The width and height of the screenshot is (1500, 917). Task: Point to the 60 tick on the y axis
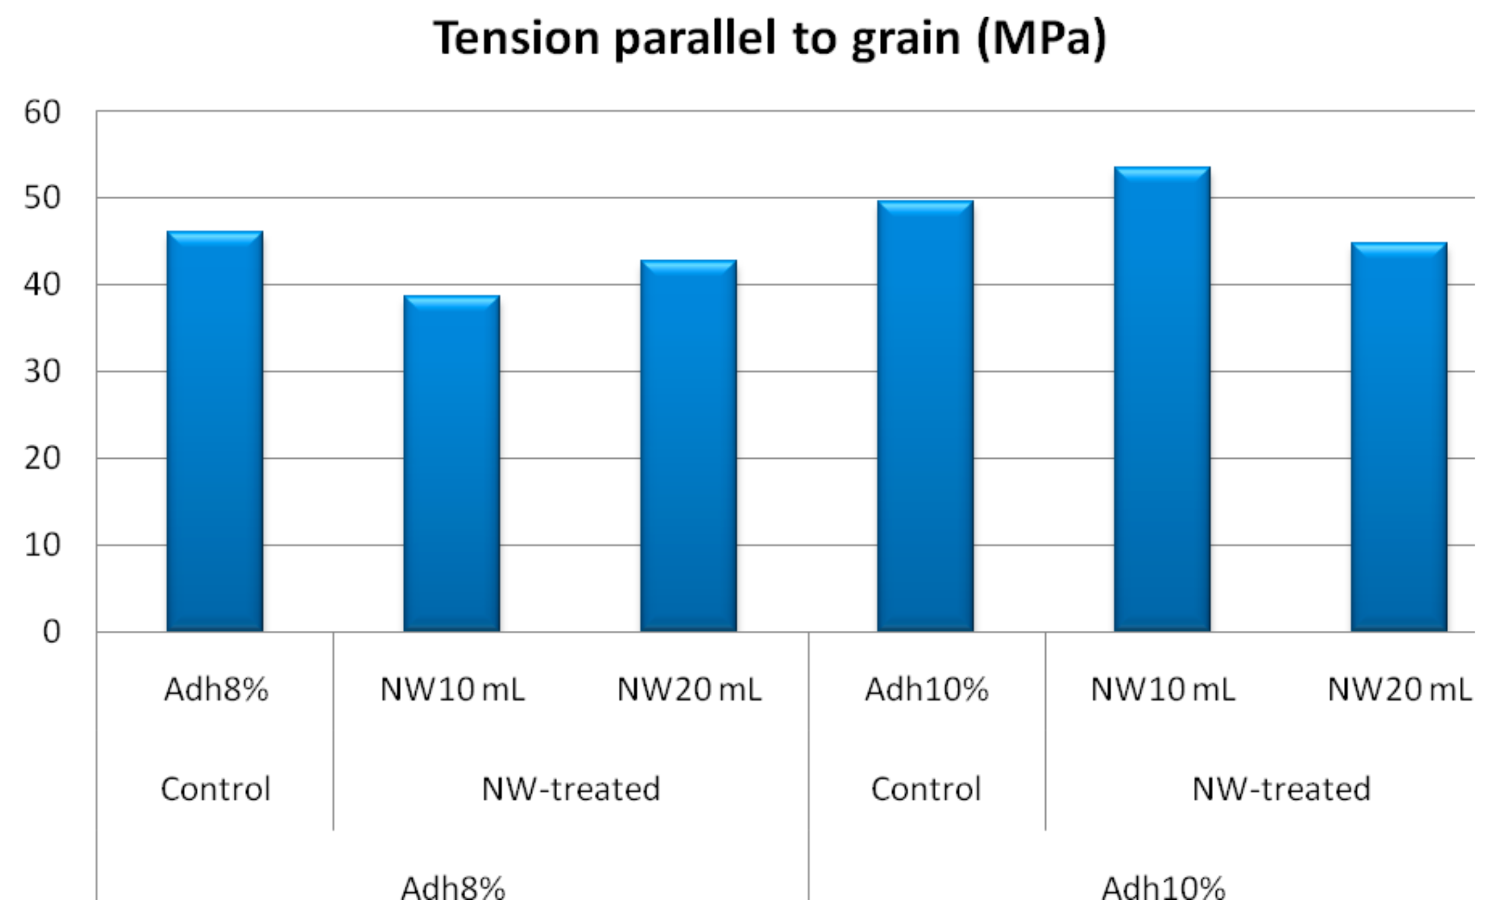point(42,111)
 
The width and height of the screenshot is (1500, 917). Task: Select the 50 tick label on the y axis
point(42,198)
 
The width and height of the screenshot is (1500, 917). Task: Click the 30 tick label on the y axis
point(42,372)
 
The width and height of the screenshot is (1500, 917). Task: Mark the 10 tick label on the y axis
point(42,545)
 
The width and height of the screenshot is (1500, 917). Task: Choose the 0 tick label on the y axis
point(52,632)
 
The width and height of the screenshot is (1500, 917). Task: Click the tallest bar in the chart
point(1162,399)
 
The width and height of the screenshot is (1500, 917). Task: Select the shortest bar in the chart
point(452,464)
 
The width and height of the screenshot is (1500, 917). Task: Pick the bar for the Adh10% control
point(925,416)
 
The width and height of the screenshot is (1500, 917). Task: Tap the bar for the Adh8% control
point(215,432)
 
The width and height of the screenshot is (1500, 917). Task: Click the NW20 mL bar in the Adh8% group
point(688,446)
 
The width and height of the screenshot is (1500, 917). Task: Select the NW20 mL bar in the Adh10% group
point(1399,437)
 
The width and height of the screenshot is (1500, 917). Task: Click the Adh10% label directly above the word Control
point(926,690)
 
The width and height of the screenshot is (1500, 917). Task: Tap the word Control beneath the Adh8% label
point(216,789)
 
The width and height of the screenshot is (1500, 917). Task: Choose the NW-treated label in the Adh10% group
point(1282,789)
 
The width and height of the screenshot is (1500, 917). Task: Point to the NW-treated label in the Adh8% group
point(571,789)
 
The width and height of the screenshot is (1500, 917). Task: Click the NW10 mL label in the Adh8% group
point(452,690)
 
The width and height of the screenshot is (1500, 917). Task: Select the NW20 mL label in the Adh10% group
point(1399,690)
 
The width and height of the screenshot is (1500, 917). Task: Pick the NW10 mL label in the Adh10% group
point(1163,690)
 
